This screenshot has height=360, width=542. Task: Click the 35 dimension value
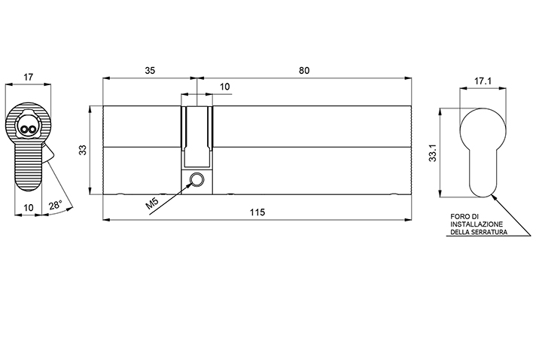(x=150, y=71)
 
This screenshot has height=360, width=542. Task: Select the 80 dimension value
(x=304, y=71)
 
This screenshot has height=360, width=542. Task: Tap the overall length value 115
(x=257, y=212)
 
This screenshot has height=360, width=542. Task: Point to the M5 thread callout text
(x=152, y=203)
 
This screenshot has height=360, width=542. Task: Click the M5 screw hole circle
(x=197, y=179)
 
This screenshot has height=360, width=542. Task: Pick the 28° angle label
(x=55, y=205)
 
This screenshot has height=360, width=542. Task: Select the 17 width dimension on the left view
(x=29, y=77)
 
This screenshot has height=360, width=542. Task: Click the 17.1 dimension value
(x=483, y=81)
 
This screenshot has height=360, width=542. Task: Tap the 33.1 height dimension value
(x=432, y=153)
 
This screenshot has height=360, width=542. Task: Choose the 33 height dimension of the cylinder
(x=83, y=150)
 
